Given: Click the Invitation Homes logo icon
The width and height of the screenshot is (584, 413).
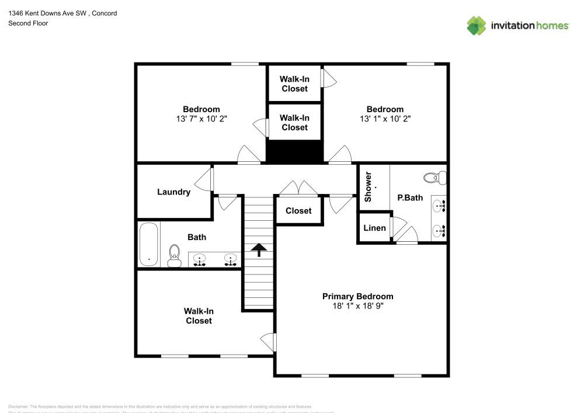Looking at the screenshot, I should pyautogui.click(x=476, y=25).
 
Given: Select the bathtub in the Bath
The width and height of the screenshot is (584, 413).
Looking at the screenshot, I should pyautogui.click(x=149, y=245).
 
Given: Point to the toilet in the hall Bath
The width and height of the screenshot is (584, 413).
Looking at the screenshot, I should pyautogui.click(x=174, y=255).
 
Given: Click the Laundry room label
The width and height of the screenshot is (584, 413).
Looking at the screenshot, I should pyautogui.click(x=173, y=192).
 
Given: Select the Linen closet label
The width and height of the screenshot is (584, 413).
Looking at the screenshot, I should pyautogui.click(x=374, y=227).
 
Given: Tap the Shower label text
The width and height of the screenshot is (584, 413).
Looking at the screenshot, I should pyautogui.click(x=368, y=187).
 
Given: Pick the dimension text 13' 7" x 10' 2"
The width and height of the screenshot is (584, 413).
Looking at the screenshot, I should pyautogui.click(x=201, y=119).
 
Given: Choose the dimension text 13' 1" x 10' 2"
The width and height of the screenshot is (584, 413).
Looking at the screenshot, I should pyautogui.click(x=385, y=119).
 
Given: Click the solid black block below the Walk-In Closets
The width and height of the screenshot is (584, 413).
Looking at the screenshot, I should pyautogui.click(x=294, y=152).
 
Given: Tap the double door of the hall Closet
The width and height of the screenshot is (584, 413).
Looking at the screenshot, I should pyautogui.click(x=298, y=188).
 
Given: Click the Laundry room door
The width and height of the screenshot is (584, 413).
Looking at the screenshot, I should pyautogui.click(x=204, y=179).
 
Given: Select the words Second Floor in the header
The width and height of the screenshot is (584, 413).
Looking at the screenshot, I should pyautogui.click(x=28, y=23).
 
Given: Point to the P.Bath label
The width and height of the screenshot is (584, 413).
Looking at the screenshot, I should pyautogui.click(x=410, y=197).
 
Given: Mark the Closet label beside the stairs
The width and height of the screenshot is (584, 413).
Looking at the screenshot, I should pyautogui.click(x=298, y=210).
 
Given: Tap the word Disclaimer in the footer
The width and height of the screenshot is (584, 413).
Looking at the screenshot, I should pyautogui.click(x=18, y=407).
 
